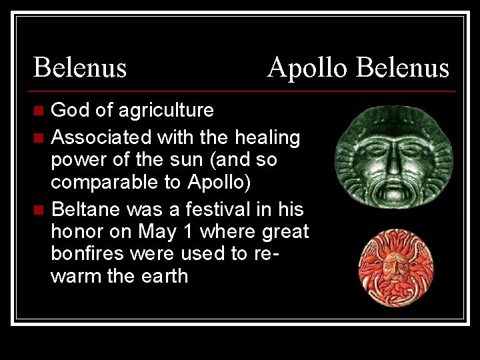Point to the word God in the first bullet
click(x=67, y=110)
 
